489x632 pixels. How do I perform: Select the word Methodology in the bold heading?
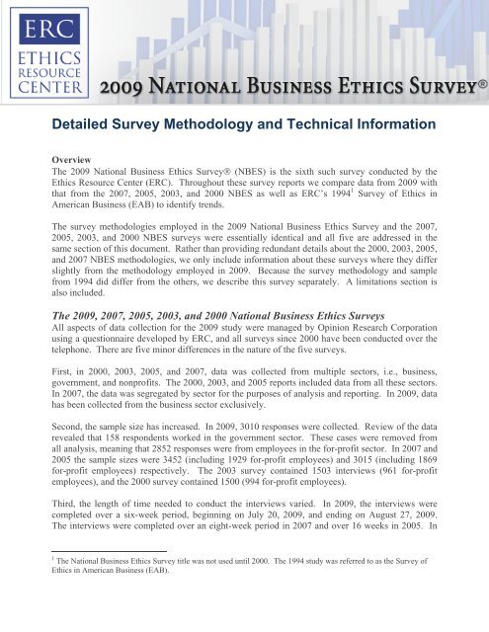[233, 125]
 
